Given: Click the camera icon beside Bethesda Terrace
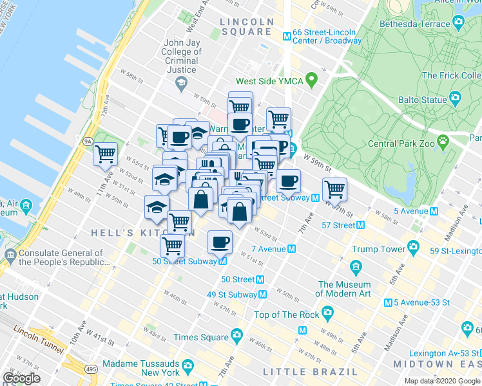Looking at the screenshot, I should (x=458, y=24).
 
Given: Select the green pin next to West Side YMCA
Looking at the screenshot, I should (x=312, y=81).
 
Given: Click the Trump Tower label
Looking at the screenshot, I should (x=379, y=248).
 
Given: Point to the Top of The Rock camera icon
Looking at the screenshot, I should (x=327, y=314).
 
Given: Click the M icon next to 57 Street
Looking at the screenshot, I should (x=360, y=225).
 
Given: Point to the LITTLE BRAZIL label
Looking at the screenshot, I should (x=310, y=372).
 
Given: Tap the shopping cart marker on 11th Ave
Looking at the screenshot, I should (x=106, y=154).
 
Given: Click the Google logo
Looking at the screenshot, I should (x=21, y=378).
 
